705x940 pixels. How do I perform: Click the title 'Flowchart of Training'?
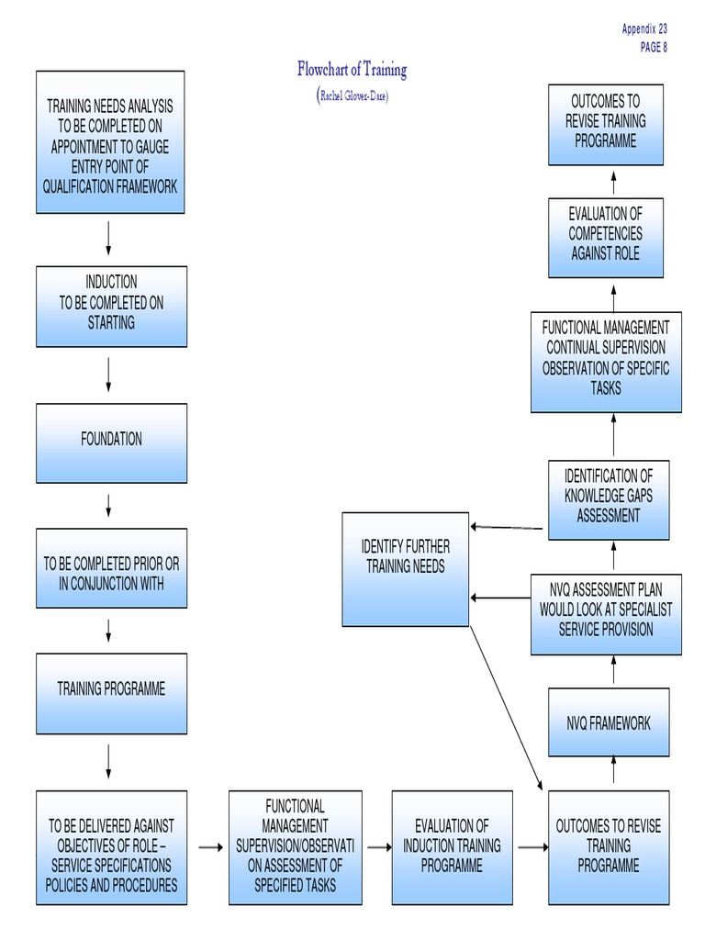pyautogui.click(x=352, y=70)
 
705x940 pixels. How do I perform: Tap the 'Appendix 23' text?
pyautogui.click(x=644, y=29)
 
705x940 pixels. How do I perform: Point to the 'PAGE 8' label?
pyautogui.click(x=654, y=48)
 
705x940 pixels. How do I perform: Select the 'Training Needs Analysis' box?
pyautogui.click(x=110, y=143)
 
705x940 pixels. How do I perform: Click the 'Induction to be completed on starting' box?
pyautogui.click(x=111, y=307)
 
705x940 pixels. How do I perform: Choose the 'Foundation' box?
pyautogui.click(x=111, y=442)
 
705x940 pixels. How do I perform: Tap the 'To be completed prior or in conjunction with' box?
pyautogui.click(x=111, y=568)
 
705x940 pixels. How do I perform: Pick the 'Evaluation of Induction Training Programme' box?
pyautogui.click(x=452, y=847)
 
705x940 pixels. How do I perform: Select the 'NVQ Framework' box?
pyautogui.click(x=608, y=722)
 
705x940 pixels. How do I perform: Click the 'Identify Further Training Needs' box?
pyautogui.click(x=405, y=569)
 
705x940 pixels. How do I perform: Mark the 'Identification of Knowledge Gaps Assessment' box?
pyautogui.click(x=608, y=499)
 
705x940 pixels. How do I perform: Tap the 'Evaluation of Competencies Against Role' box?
pyautogui.click(x=605, y=237)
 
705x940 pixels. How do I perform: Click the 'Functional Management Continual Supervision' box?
pyautogui.click(x=606, y=362)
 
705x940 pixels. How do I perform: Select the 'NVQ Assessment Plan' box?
pyautogui.click(x=606, y=613)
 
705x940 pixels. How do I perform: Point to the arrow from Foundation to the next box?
pyautogui.click(x=109, y=505)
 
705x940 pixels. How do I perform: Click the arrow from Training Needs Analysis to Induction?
pyautogui.click(x=109, y=239)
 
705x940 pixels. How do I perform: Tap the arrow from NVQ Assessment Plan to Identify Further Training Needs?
pyautogui.click(x=500, y=598)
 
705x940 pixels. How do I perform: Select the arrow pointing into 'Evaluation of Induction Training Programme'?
pyautogui.click(x=377, y=847)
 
